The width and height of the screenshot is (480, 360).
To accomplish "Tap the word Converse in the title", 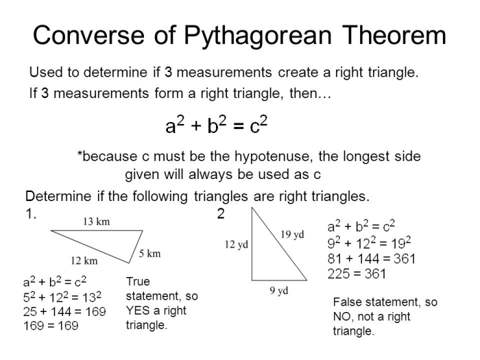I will (x=85, y=36).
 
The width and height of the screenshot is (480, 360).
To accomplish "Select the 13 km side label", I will (x=96, y=221).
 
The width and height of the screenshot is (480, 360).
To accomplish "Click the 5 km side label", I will (x=149, y=253).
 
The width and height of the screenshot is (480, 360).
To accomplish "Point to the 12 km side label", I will (x=84, y=261).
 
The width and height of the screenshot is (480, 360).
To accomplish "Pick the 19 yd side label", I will (x=292, y=235).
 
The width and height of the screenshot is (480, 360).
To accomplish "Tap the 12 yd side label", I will (x=237, y=245).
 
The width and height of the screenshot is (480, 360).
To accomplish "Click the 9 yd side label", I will (x=278, y=290).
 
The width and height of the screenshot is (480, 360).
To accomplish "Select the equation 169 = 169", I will (x=50, y=325).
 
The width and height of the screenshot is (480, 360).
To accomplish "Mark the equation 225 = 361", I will (x=357, y=274).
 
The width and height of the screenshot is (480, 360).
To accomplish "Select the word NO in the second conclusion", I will (x=342, y=317).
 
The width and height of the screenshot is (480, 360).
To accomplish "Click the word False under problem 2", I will (x=348, y=302).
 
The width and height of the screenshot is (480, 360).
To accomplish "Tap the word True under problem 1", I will (x=138, y=281).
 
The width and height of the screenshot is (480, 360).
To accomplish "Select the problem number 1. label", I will (x=30, y=214).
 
